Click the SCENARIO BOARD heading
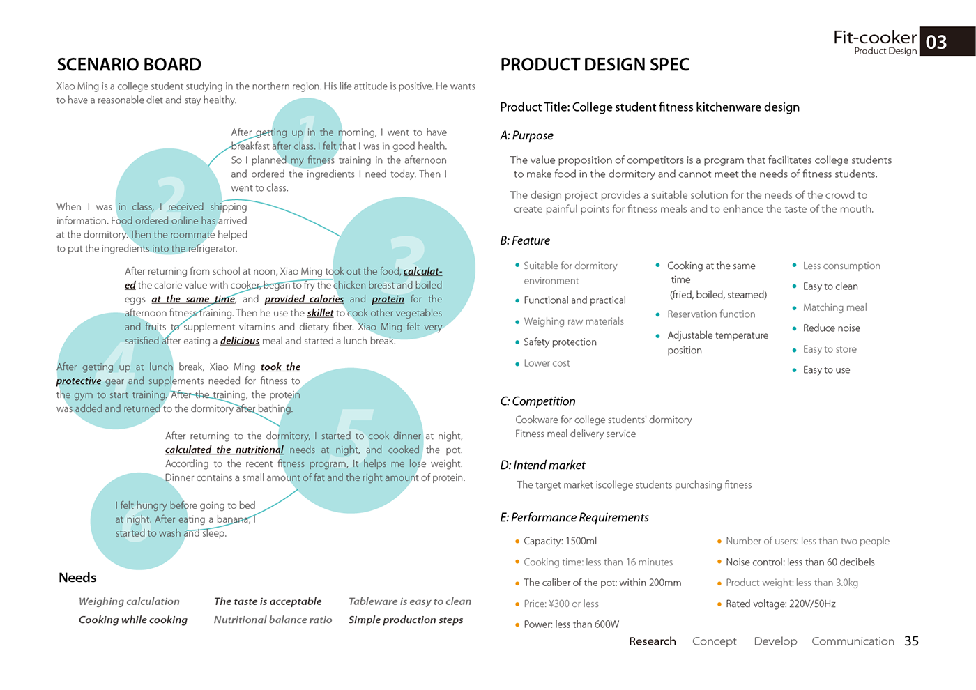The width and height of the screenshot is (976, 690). [129, 65]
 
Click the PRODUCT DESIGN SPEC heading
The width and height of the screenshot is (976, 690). [595, 65]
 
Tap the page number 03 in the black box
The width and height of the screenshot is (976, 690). [936, 43]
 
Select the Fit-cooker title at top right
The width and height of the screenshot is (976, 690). [875, 37]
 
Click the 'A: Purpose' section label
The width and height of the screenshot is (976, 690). [526, 135]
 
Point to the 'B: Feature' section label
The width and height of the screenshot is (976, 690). [525, 240]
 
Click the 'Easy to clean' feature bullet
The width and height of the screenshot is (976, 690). [830, 286]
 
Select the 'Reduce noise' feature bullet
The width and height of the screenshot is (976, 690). [831, 328]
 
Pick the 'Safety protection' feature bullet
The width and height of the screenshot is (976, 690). [560, 342]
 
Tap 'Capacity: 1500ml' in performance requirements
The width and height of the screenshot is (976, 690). [560, 541]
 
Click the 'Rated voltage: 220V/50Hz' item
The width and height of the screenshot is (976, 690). [780, 604]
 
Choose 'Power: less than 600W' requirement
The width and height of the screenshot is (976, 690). [571, 624]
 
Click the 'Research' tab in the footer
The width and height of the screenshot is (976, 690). [653, 641]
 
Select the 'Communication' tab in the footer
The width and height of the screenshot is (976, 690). [853, 641]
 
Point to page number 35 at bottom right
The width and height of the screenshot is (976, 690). [911, 641]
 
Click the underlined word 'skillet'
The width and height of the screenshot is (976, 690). [320, 313]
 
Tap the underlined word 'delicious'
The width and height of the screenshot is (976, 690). [240, 341]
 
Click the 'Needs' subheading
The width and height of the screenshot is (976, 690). [77, 578]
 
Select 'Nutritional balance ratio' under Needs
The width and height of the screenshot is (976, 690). [273, 620]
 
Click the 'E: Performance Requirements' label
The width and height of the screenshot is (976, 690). [574, 517]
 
